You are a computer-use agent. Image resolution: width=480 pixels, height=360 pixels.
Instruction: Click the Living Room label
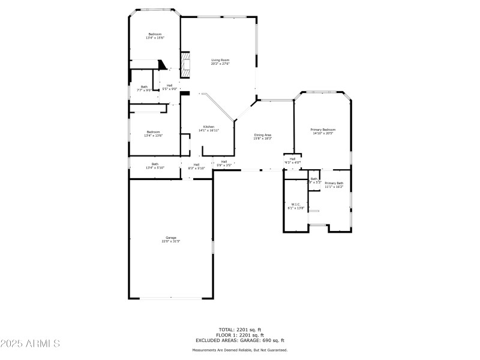click(x=220, y=60)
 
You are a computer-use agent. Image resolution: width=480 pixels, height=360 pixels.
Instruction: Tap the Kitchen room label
click(x=208, y=127)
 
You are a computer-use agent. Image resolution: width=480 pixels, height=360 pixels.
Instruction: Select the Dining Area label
click(x=263, y=135)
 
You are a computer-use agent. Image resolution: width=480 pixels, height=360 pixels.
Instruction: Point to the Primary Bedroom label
click(x=323, y=130)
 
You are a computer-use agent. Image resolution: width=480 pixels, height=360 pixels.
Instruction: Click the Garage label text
click(x=171, y=238)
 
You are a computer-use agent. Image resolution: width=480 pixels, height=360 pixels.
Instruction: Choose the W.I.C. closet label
click(x=296, y=205)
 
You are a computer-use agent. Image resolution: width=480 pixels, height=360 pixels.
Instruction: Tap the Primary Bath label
click(x=334, y=183)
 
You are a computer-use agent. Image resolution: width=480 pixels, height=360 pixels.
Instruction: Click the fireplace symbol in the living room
click(x=187, y=65)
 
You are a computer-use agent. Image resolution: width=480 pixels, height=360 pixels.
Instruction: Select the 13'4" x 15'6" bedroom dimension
click(x=154, y=38)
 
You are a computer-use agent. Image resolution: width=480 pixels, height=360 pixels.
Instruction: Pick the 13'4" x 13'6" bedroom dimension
click(x=153, y=136)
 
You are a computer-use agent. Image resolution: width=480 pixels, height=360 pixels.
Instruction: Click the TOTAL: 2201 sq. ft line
click(x=239, y=329)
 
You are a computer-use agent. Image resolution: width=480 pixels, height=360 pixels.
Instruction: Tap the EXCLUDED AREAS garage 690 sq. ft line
click(x=239, y=340)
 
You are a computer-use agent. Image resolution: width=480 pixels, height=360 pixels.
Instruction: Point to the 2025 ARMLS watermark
click(x=30, y=344)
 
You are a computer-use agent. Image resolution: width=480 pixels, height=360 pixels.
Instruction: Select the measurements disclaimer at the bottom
click(x=239, y=350)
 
